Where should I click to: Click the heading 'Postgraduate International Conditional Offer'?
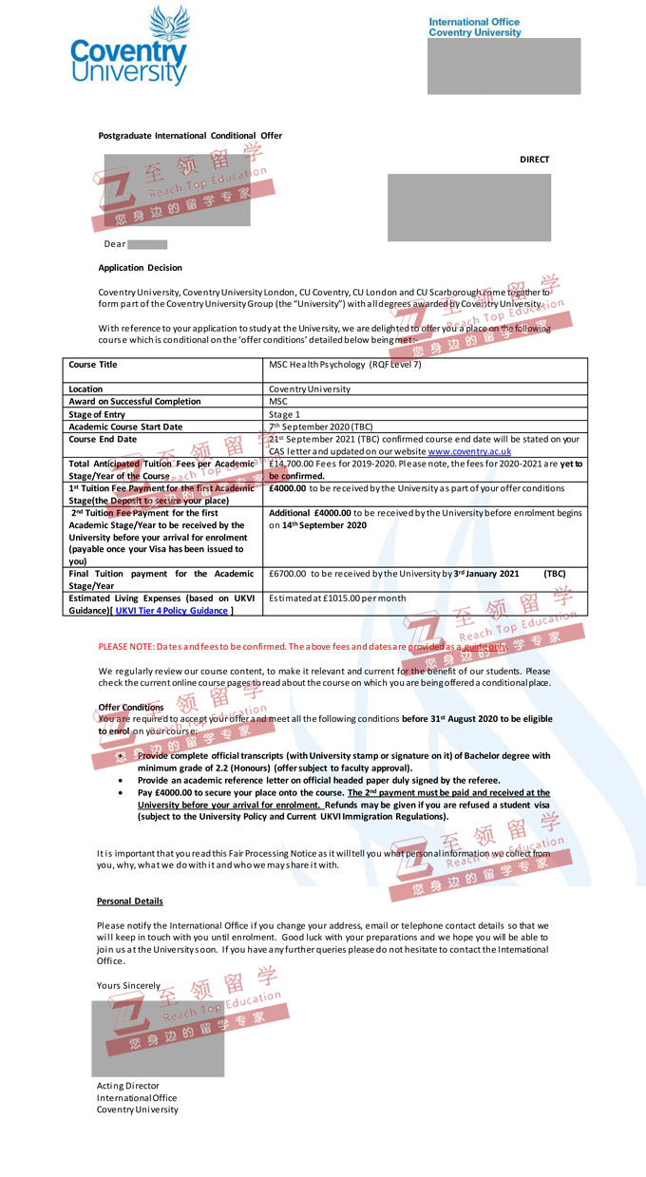point(190,136)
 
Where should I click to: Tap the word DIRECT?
point(534,160)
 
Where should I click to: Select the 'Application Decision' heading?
point(140,268)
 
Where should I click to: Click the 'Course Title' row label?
point(93,365)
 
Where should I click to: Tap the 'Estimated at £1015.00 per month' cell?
point(337,598)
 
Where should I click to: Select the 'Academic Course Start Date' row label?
point(124,427)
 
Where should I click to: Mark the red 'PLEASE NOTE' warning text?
point(301,647)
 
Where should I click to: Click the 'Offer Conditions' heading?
point(131,708)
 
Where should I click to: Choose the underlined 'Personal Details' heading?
point(129,901)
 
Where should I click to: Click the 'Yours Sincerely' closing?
point(128,986)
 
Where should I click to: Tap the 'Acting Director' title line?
point(127,1086)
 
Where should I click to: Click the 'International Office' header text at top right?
point(474,22)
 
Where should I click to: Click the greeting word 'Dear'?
point(114,244)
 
